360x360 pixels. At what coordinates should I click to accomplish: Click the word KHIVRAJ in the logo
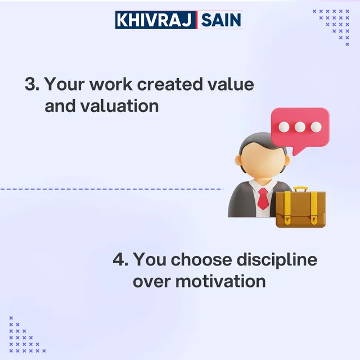point(155,20)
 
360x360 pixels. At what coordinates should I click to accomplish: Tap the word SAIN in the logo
point(220,20)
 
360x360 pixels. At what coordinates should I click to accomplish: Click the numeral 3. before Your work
point(31,85)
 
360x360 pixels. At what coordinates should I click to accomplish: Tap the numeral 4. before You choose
point(120,260)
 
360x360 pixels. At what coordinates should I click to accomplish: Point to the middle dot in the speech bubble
point(300,127)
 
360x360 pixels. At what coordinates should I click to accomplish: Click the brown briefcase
point(300,210)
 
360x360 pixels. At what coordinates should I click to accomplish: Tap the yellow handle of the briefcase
point(300,190)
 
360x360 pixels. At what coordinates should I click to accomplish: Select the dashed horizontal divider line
point(112,189)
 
